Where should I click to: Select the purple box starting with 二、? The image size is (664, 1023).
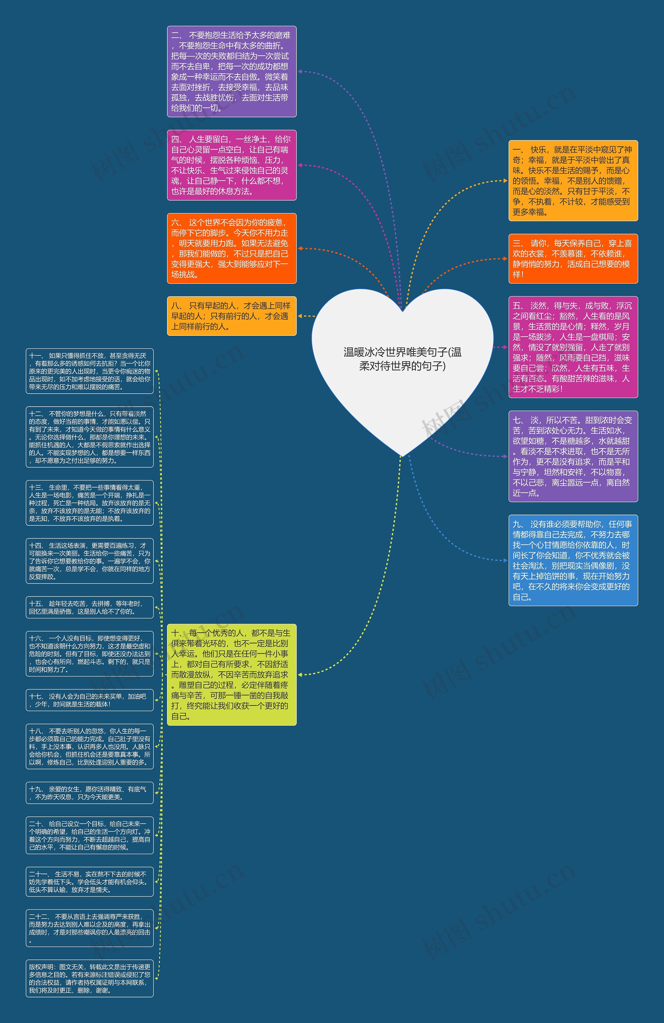[232, 71]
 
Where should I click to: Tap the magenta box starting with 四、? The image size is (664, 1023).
[232, 165]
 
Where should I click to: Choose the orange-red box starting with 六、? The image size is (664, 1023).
[232, 249]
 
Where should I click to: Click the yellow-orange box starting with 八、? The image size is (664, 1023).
[232, 316]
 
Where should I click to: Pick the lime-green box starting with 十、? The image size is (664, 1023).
[232, 674]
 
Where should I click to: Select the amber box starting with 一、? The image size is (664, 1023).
[573, 181]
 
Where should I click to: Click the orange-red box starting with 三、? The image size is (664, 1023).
[573, 259]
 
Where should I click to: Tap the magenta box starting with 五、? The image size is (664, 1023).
[573, 347]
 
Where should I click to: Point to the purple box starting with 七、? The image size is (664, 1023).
[573, 456]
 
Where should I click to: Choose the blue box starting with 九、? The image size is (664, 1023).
[573, 560]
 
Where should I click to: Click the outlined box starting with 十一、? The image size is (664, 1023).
[89, 371]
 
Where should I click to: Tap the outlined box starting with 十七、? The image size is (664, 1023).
[89, 700]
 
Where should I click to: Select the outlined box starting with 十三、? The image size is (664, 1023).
[89, 503]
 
